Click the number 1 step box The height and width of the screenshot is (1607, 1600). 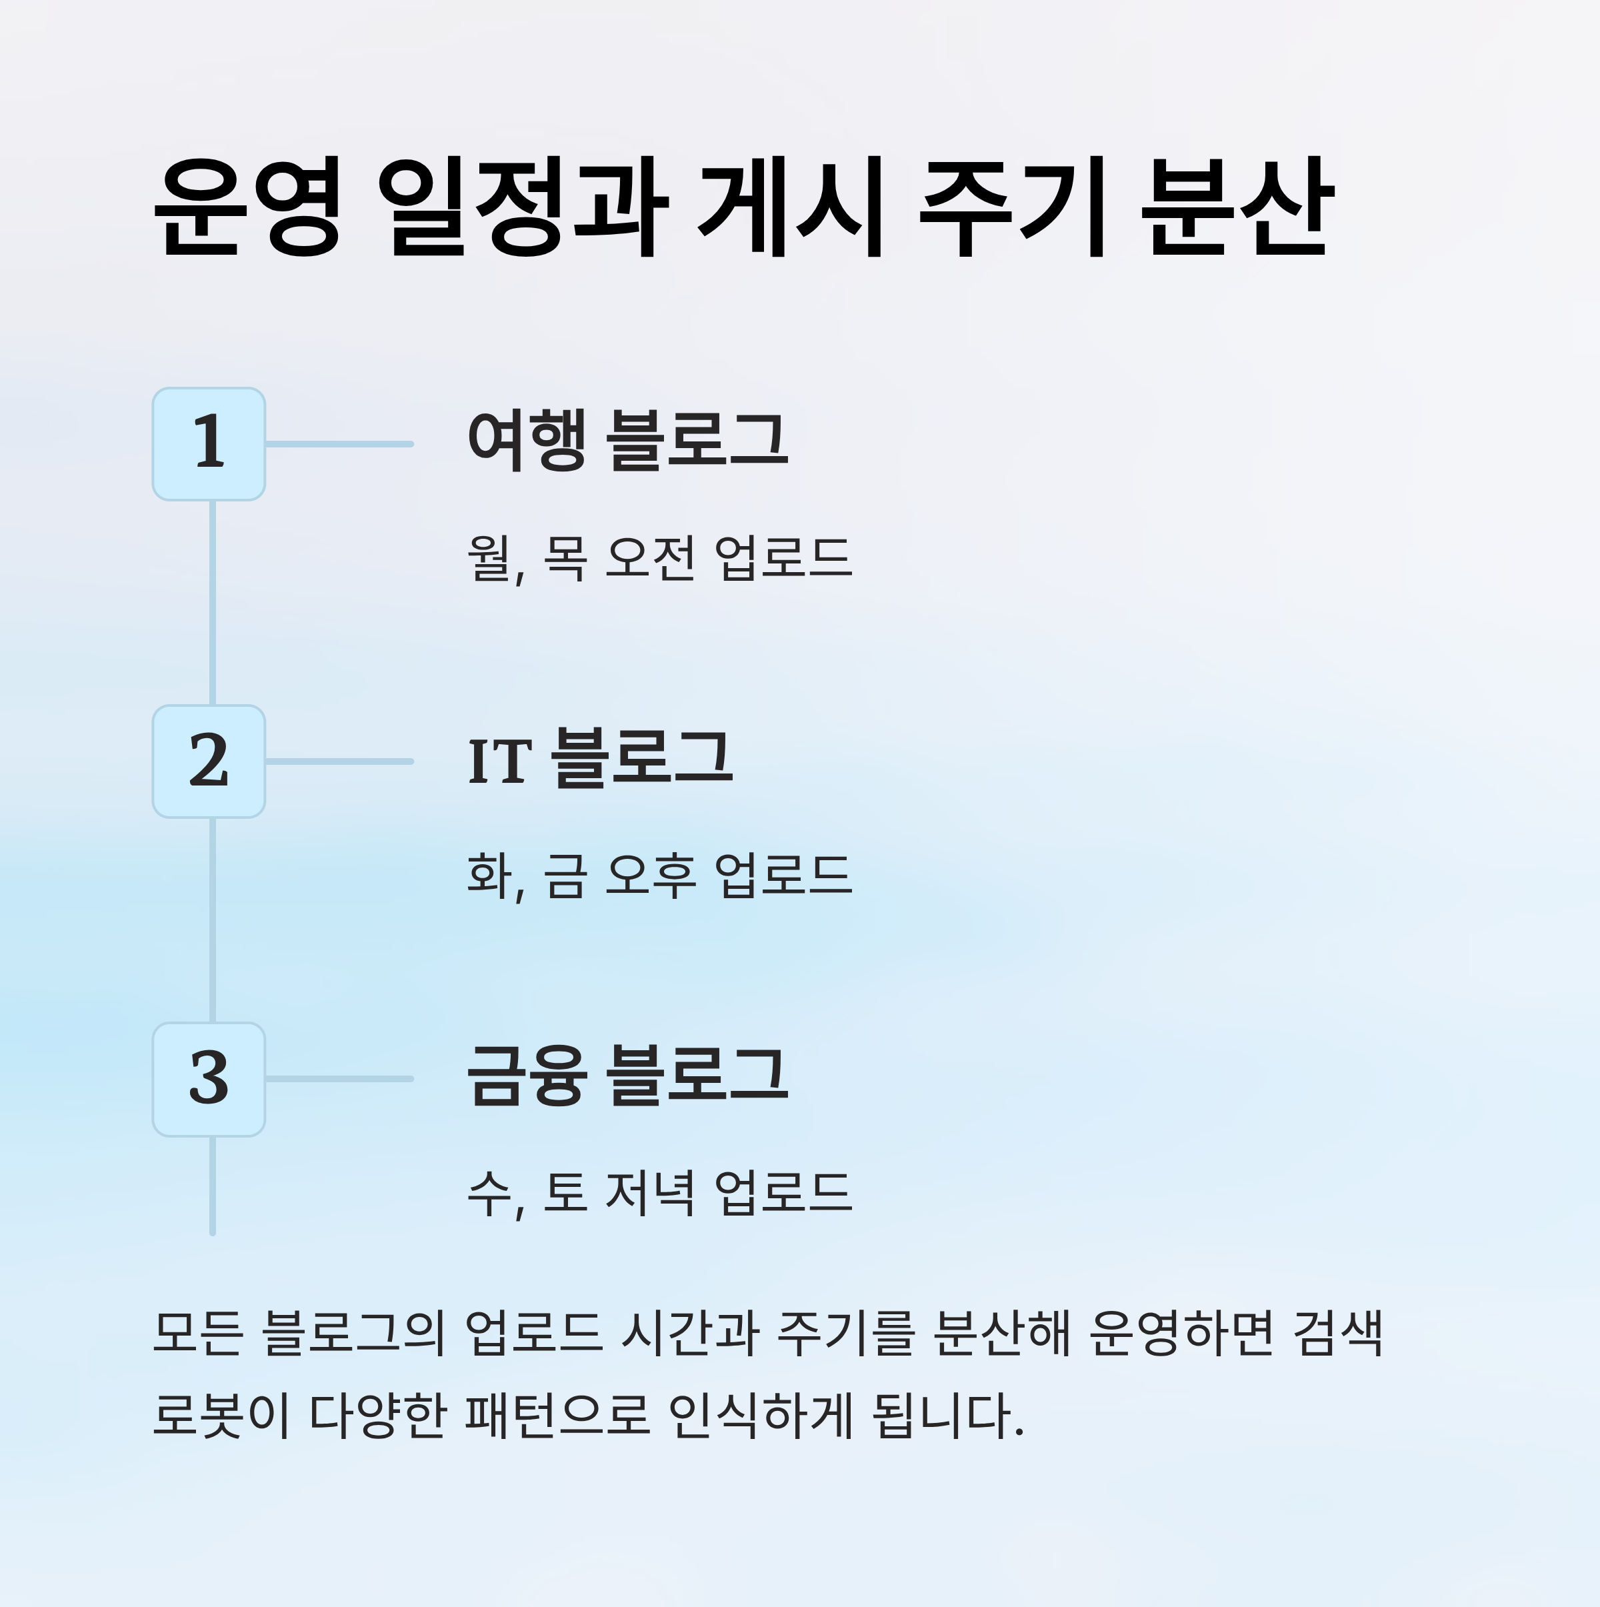pyautogui.click(x=209, y=444)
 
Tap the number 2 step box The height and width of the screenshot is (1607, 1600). pyautogui.click(x=209, y=762)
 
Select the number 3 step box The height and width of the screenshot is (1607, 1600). pyautogui.click(x=209, y=1080)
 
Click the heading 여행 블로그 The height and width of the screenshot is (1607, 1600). pyautogui.click(x=628, y=441)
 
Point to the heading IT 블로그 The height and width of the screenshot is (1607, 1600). pyautogui.click(x=601, y=759)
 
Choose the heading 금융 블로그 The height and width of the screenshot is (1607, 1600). pyautogui.click(x=628, y=1076)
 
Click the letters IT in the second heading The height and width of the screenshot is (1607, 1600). pyautogui.click(x=500, y=761)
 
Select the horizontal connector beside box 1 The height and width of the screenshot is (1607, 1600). pyautogui.click(x=339, y=444)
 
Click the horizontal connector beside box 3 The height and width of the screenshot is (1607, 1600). pyautogui.click(x=339, y=1080)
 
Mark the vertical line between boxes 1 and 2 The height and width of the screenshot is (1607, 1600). pyautogui.click(x=213, y=603)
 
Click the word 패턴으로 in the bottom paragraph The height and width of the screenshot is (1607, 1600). pyautogui.click(x=557, y=1414)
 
